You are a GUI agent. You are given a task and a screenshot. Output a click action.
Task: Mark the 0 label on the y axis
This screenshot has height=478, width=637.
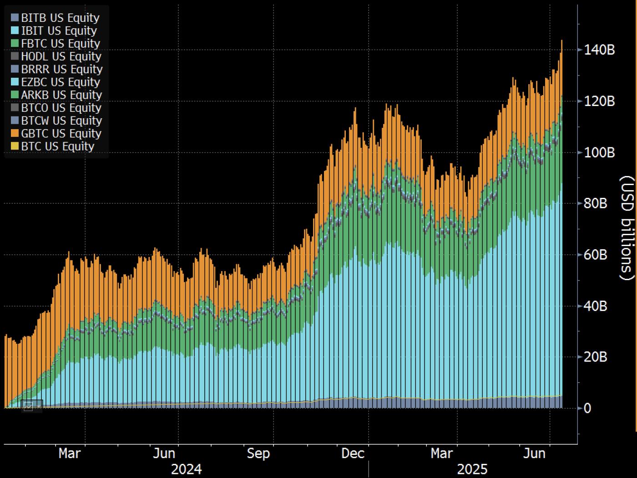click(x=587, y=408)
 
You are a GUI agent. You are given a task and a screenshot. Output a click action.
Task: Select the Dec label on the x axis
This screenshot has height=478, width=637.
click(x=353, y=453)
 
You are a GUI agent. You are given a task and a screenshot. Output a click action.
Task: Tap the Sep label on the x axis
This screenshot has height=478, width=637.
click(x=258, y=453)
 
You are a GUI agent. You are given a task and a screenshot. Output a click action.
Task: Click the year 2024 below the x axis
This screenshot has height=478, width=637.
click(x=186, y=469)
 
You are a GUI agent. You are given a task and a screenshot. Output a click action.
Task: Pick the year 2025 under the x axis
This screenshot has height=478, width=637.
click(x=472, y=469)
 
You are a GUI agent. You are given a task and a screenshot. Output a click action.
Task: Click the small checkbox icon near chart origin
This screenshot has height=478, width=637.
click(x=28, y=406)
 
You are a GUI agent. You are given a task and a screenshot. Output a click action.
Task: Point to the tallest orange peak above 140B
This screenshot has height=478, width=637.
click(x=561, y=41)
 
